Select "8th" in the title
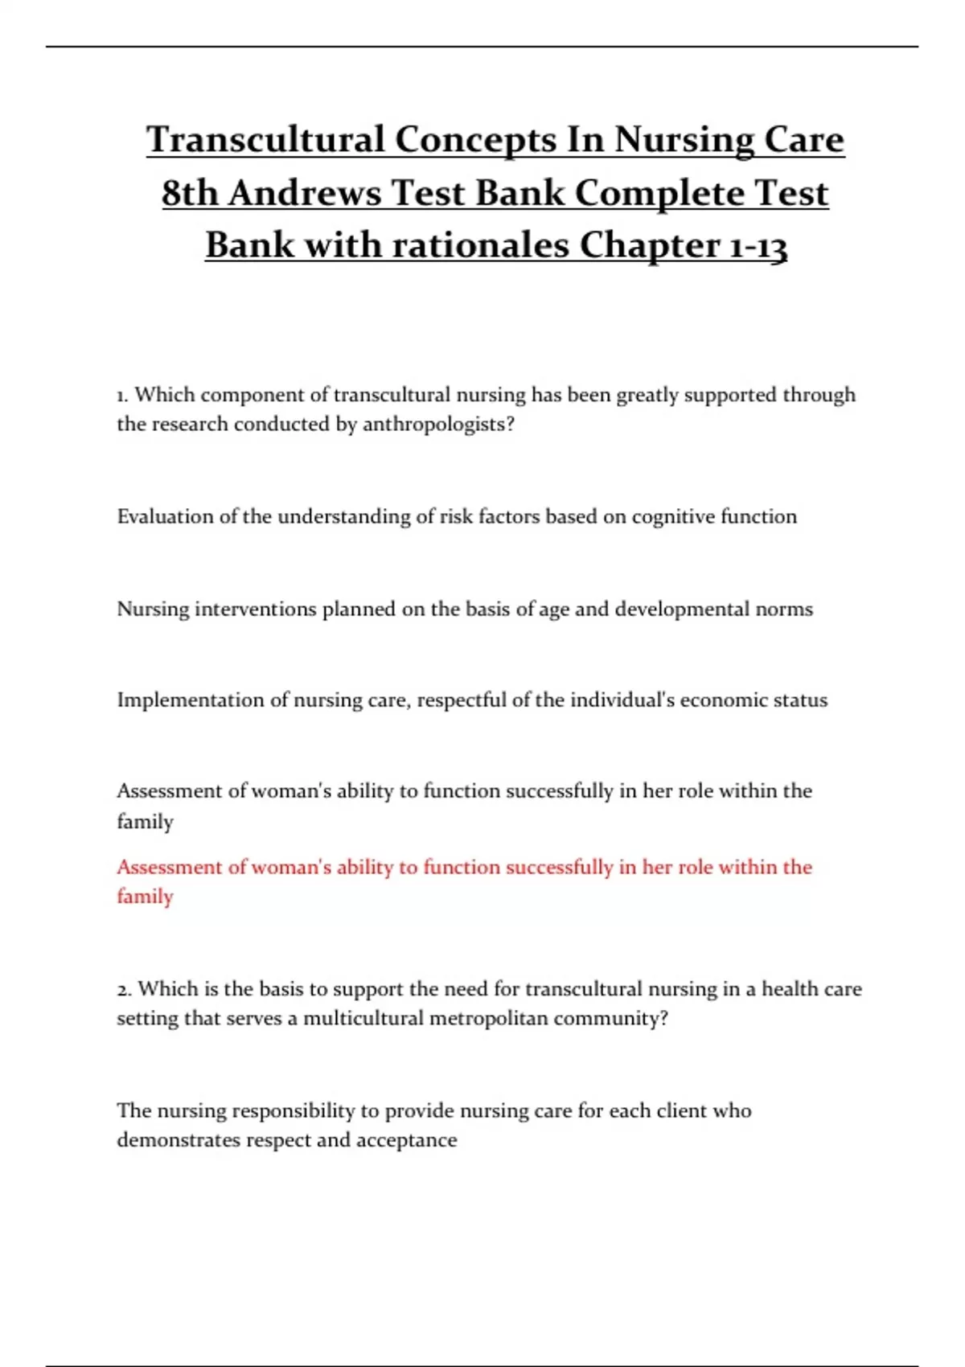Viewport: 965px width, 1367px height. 190,193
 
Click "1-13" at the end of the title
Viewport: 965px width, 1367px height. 757,245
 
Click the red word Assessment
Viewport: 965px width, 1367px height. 169,867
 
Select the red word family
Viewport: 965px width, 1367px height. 145,897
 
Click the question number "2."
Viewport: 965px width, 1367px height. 124,989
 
